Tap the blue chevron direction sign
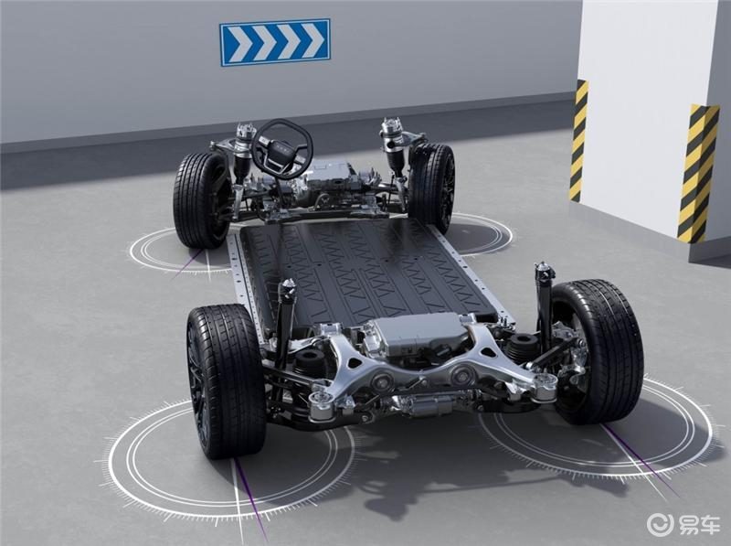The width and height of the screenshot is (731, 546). (275, 42)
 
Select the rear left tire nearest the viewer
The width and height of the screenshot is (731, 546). (225, 380)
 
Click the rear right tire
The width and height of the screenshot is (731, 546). (597, 351)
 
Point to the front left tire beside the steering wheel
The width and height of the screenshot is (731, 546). (200, 199)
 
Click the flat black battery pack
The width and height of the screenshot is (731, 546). (368, 271)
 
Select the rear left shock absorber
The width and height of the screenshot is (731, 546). (284, 322)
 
